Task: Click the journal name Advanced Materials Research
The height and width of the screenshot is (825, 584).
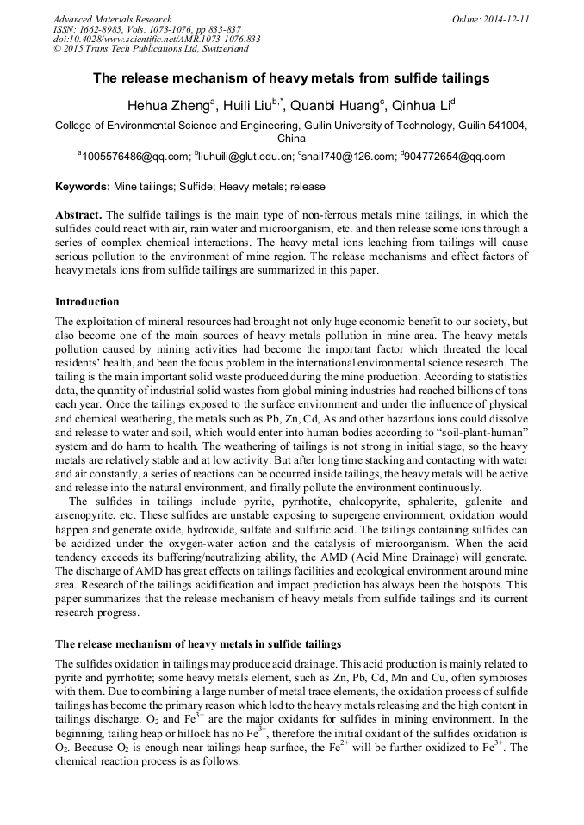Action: (x=112, y=19)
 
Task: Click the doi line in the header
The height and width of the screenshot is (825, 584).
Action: (x=157, y=40)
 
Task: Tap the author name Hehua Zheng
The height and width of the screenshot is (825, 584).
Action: (x=166, y=108)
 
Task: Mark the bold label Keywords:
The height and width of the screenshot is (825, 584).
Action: (x=83, y=186)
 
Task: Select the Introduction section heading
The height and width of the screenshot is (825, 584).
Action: (x=87, y=302)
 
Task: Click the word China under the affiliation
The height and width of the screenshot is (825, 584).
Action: (x=291, y=138)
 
